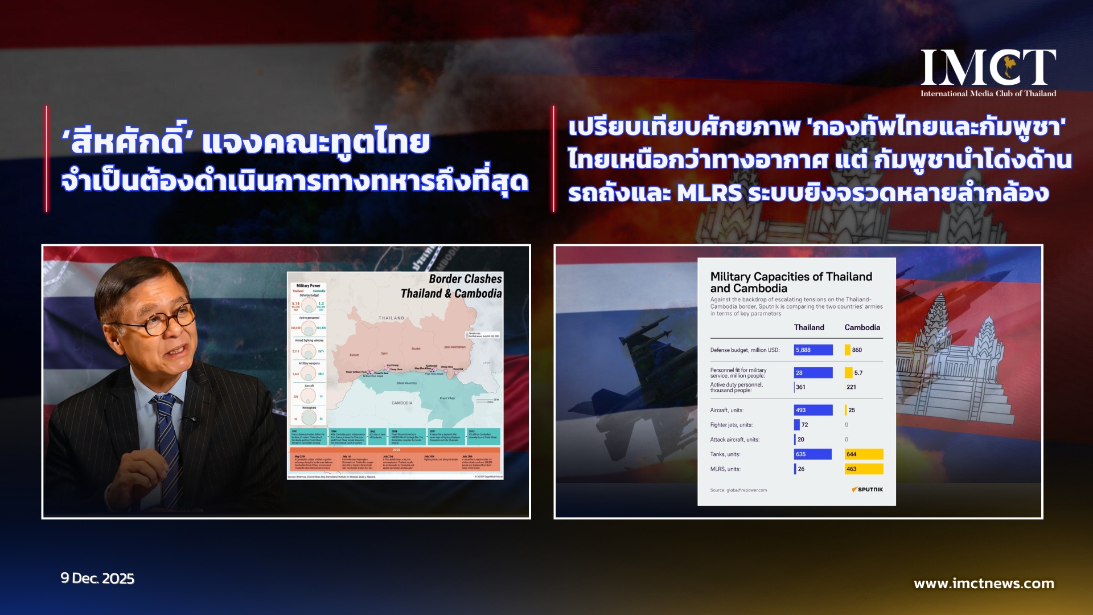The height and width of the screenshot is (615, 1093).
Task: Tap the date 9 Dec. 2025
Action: (97, 579)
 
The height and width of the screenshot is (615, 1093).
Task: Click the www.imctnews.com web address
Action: (984, 584)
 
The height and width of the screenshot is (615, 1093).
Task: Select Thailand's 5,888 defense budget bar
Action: (813, 350)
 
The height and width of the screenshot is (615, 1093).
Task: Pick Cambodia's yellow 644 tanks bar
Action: (864, 454)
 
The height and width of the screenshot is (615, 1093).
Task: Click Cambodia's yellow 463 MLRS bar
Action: (864, 469)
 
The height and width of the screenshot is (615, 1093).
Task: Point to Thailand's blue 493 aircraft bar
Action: (813, 410)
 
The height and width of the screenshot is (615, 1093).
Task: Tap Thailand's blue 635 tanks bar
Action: (812, 454)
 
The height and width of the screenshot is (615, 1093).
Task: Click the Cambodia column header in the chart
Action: (862, 327)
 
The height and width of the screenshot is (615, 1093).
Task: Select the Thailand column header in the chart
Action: (809, 327)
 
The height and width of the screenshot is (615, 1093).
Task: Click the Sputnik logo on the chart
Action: (867, 490)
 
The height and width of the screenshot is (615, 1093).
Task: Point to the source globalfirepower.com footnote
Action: (738, 490)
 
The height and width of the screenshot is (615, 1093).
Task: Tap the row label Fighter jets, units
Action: (731, 425)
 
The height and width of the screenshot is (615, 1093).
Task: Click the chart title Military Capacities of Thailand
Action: (791, 277)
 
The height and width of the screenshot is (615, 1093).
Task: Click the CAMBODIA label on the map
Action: (402, 403)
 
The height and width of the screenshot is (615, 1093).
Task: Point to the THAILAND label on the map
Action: (392, 318)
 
